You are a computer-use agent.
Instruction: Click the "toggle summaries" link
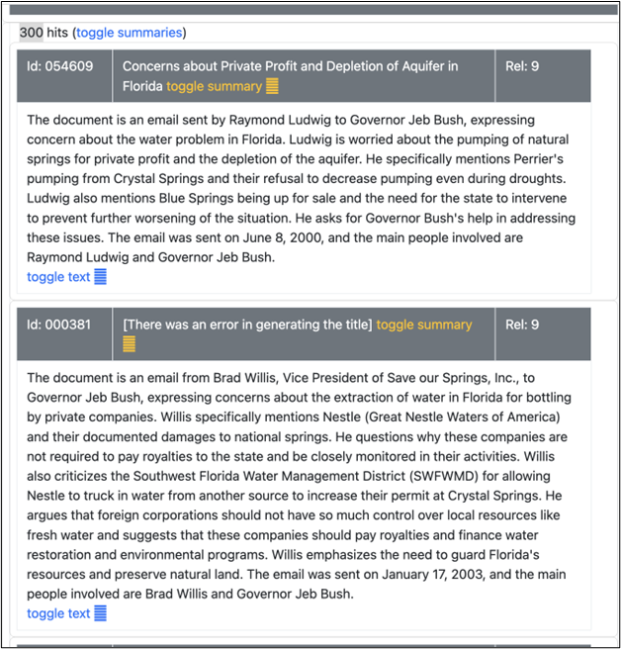click(x=130, y=33)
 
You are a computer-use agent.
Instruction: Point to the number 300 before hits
click(x=31, y=33)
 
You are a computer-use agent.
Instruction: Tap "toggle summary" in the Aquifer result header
click(x=214, y=86)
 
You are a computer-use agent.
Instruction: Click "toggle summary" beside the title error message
click(x=424, y=324)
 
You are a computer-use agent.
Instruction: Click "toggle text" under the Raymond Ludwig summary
click(x=58, y=277)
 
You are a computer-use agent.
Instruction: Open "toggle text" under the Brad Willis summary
click(x=58, y=613)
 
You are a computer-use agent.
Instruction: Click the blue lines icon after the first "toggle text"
click(x=100, y=277)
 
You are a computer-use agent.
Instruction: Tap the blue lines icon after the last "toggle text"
click(x=100, y=613)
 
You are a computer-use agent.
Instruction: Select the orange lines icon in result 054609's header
click(x=273, y=86)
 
